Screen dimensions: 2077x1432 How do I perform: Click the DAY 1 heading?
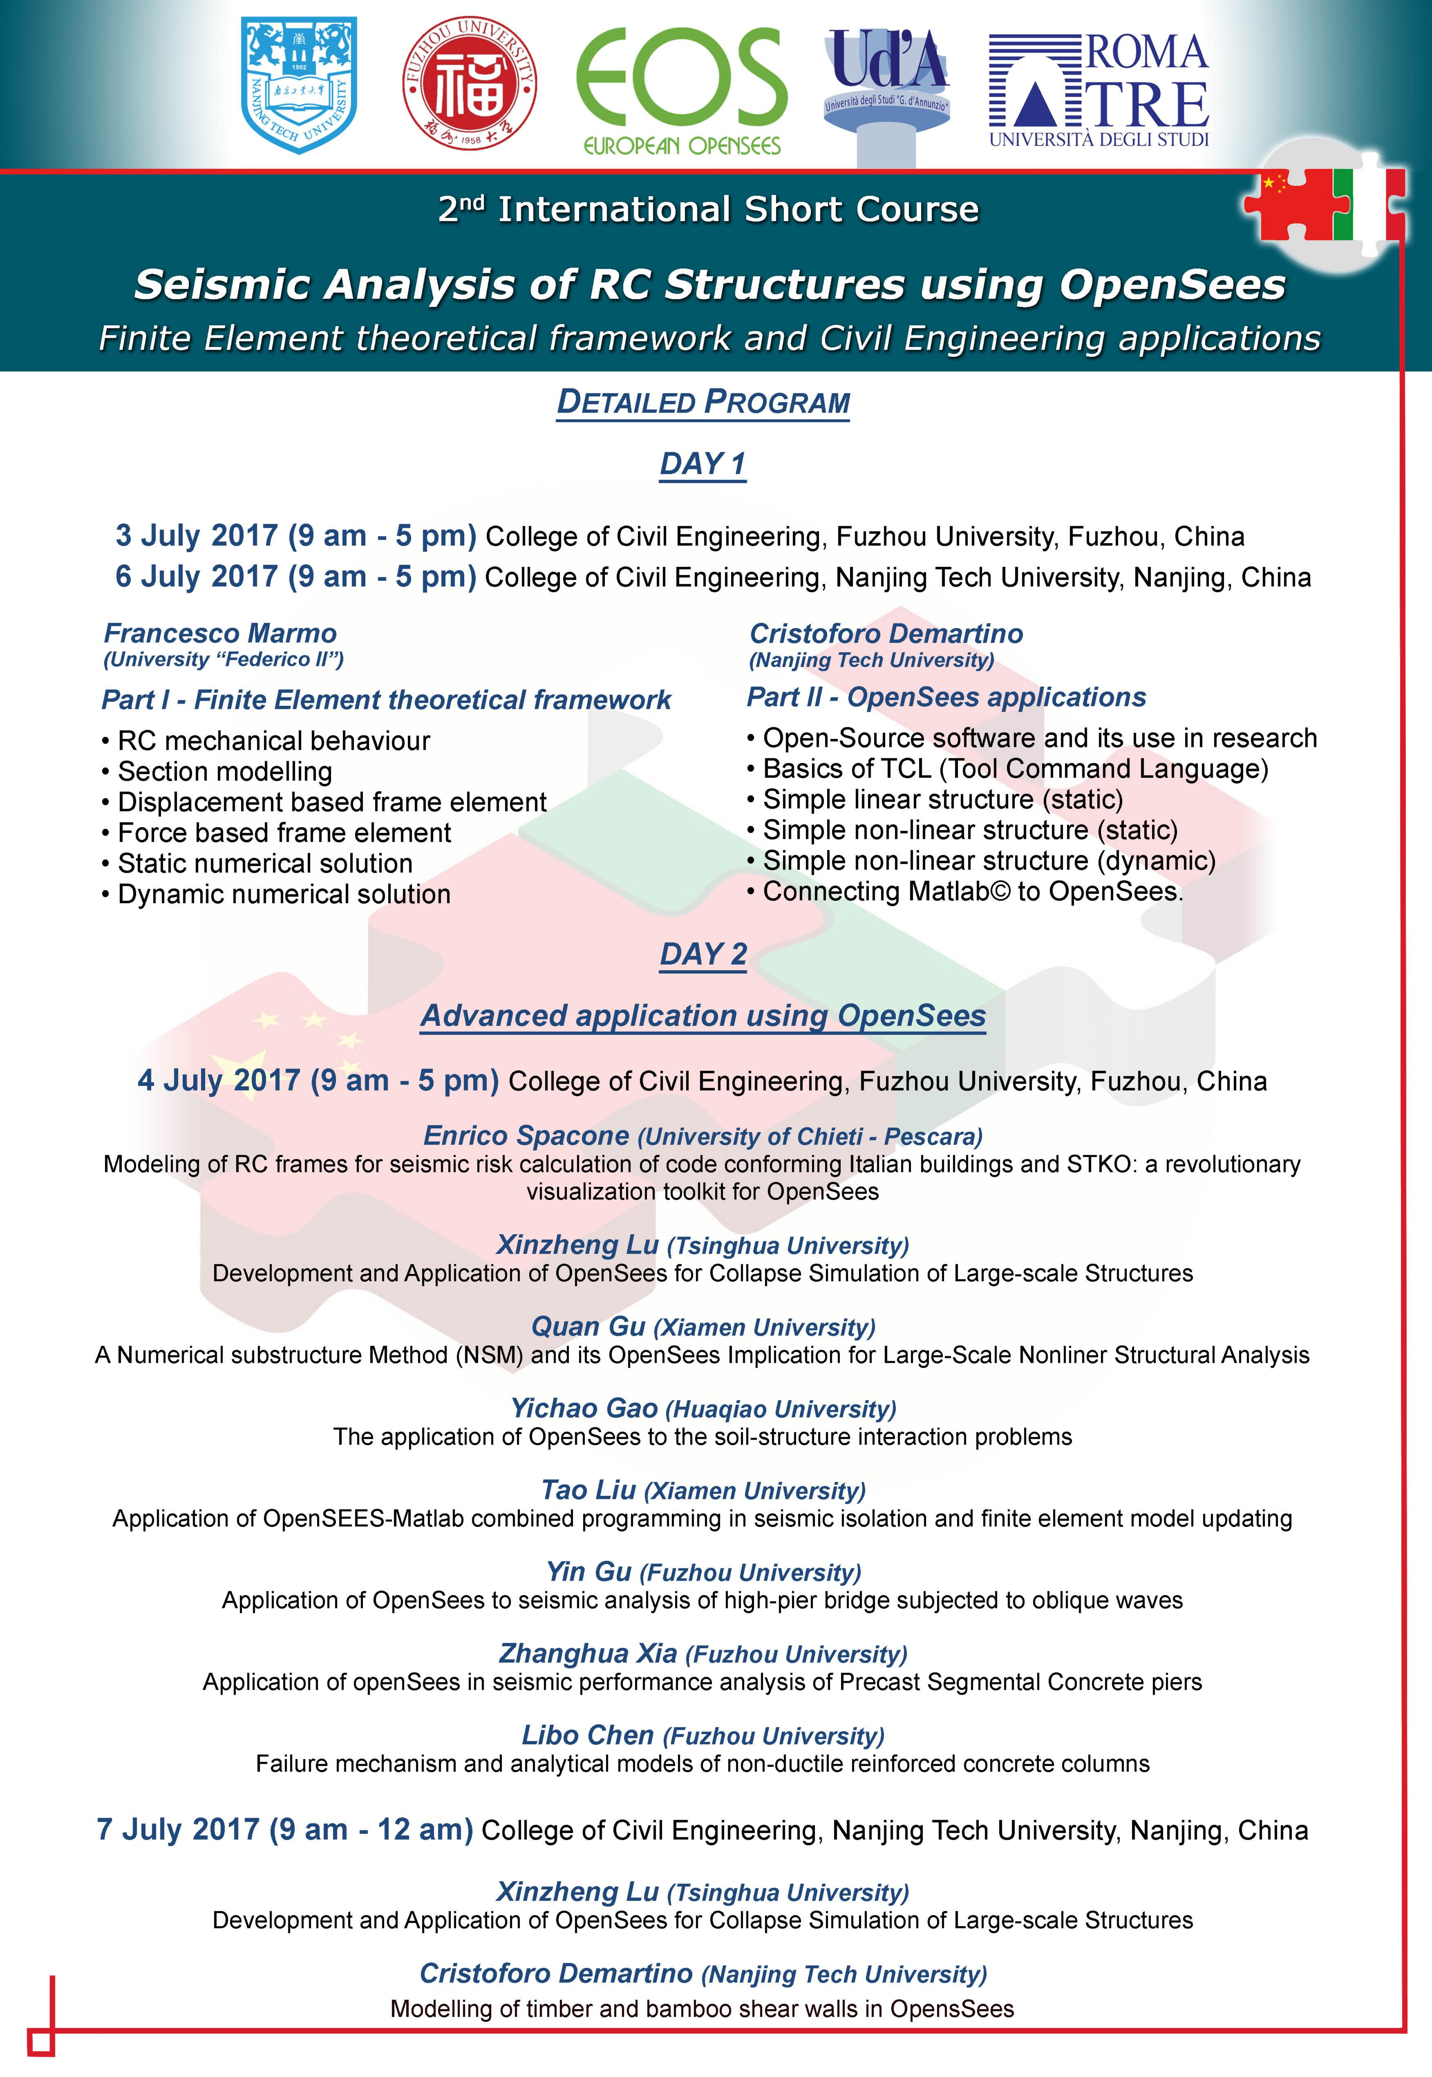703,464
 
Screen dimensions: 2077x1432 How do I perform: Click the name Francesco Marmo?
220,633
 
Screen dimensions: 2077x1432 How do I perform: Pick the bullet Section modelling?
224,772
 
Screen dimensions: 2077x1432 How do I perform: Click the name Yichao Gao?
584,1408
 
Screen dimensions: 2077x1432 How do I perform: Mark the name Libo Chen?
588,1734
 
